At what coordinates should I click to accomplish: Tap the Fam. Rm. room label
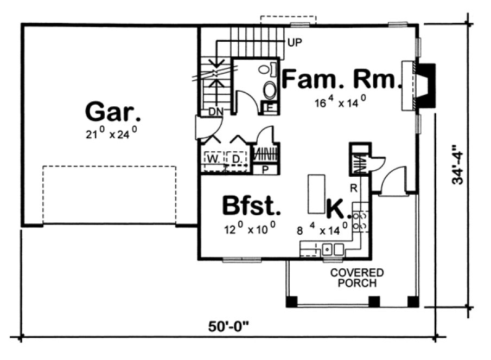click(340, 80)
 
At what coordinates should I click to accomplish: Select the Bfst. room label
click(252, 206)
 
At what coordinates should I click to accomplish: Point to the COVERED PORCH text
click(356, 278)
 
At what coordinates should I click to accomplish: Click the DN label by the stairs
click(215, 112)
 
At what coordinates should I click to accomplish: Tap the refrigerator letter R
click(353, 189)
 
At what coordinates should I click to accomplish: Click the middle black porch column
click(373, 301)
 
